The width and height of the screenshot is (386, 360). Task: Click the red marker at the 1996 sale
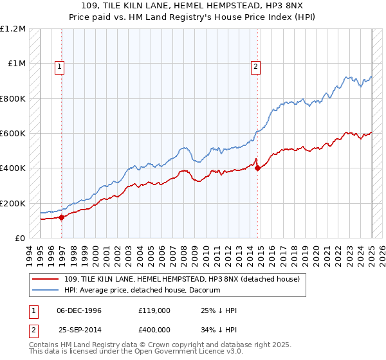[62, 217]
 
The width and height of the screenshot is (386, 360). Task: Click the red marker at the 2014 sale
[257, 168]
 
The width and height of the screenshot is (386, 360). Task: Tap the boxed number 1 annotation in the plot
[60, 65]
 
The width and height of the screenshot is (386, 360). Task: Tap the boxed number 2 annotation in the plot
[255, 65]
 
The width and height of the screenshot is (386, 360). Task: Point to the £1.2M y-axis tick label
[13, 29]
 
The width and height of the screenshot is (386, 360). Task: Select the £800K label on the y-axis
[13, 99]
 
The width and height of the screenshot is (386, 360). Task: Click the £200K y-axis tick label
[13, 203]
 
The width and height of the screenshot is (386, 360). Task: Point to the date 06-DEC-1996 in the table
[79, 310]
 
